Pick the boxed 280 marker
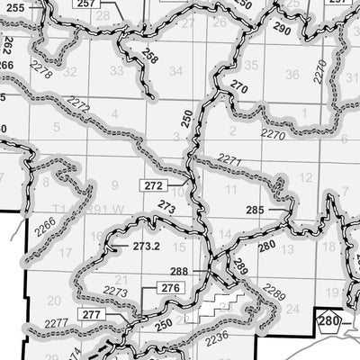(x=329, y=321)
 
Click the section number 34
(x=176, y=70)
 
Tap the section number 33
(x=115, y=70)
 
